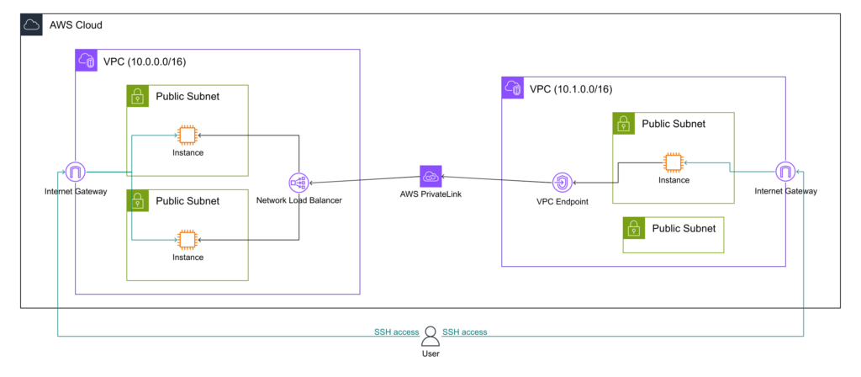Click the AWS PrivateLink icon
click(x=430, y=176)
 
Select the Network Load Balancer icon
click(x=298, y=181)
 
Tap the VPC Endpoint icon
click(x=563, y=182)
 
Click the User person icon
click(x=430, y=336)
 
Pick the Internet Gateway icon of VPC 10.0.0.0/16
click(x=76, y=173)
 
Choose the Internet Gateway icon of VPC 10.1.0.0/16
click(x=785, y=172)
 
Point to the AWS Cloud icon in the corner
click(x=31, y=25)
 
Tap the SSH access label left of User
click(x=396, y=332)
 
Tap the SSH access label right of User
click(x=464, y=332)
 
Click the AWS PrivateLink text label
click(x=430, y=195)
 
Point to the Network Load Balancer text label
click(x=298, y=201)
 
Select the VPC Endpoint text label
click(x=563, y=203)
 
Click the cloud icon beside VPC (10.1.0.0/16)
click(x=513, y=88)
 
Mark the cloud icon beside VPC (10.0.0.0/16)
click(x=87, y=61)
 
